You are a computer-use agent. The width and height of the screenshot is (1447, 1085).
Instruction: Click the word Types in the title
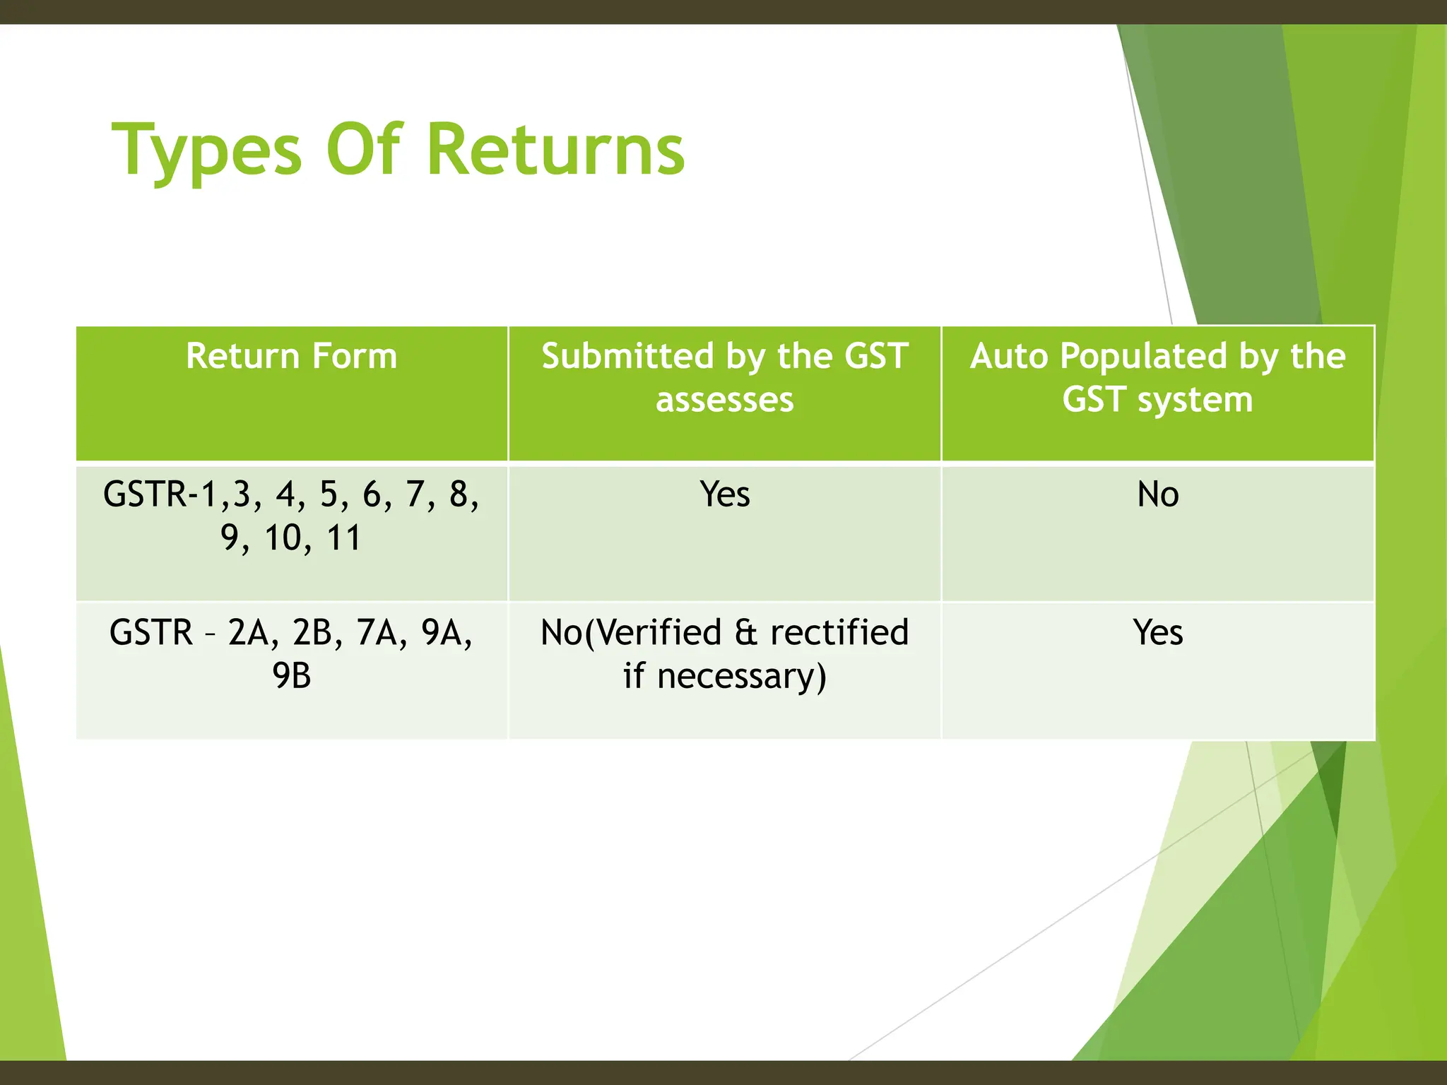(x=207, y=150)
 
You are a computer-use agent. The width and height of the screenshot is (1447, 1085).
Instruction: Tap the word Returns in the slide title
(x=555, y=150)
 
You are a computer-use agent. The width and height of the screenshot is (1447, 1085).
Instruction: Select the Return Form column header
(x=291, y=355)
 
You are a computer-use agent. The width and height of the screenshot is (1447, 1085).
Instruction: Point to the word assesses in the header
(x=724, y=400)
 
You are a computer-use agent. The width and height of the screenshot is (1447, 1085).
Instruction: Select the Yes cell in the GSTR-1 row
(x=725, y=494)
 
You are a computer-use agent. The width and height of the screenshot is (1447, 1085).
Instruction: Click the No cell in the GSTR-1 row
(x=1157, y=494)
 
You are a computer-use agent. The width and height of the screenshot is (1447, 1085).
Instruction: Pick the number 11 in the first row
(x=343, y=538)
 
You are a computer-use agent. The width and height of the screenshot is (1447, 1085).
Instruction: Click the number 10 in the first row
(x=283, y=538)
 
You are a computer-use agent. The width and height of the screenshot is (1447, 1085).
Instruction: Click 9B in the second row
(x=291, y=676)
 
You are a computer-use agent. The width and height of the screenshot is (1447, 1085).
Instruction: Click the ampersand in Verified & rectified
(x=746, y=632)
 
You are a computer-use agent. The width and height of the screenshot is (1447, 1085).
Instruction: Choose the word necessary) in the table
(x=741, y=676)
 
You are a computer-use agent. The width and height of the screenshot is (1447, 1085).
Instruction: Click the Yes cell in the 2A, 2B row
(x=1157, y=632)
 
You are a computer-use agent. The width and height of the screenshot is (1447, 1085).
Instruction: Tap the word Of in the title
(x=363, y=150)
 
